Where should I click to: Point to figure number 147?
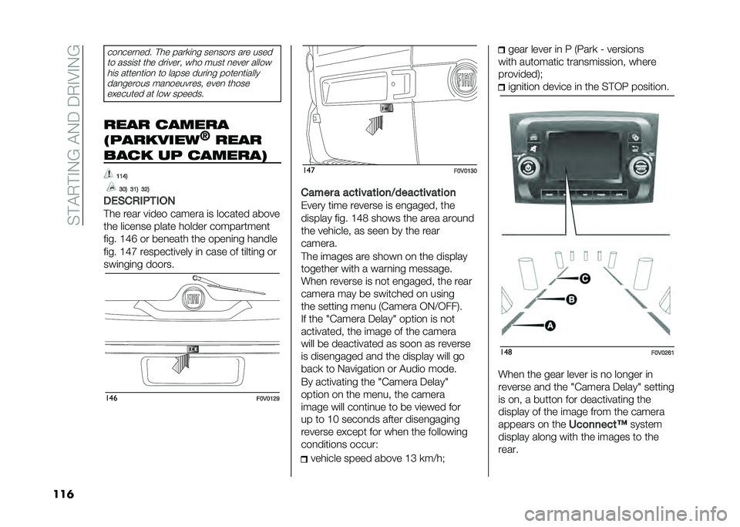click(308, 170)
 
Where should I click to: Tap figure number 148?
click(505, 352)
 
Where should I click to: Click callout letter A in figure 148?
click(550, 326)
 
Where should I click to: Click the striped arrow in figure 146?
click(182, 363)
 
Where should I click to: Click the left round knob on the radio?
click(528, 167)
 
